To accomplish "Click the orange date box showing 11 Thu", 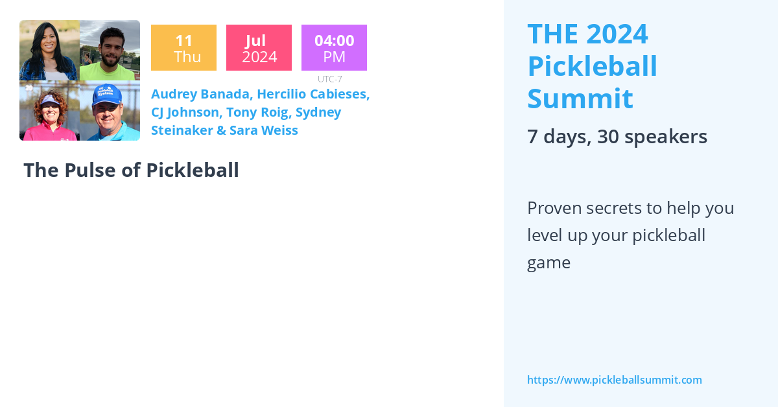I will pyautogui.click(x=183, y=48).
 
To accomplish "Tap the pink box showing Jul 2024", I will pyautogui.click(x=259, y=48).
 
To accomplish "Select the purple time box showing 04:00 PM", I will pyautogui.click(x=334, y=48).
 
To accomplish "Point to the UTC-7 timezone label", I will pyautogui.click(x=329, y=79).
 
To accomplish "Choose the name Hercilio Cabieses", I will pyautogui.click(x=313, y=94).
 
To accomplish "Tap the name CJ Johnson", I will pyautogui.click(x=185, y=112).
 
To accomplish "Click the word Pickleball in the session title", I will pyautogui.click(x=193, y=170).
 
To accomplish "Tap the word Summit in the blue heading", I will pyautogui.click(x=580, y=99).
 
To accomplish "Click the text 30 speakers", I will pyautogui.click(x=652, y=137).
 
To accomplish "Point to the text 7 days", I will pyautogui.click(x=556, y=137).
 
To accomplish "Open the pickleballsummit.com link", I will pyautogui.click(x=614, y=380).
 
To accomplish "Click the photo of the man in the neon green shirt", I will pyautogui.click(x=110, y=50).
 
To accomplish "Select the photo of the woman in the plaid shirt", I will pyautogui.click(x=49, y=50).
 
